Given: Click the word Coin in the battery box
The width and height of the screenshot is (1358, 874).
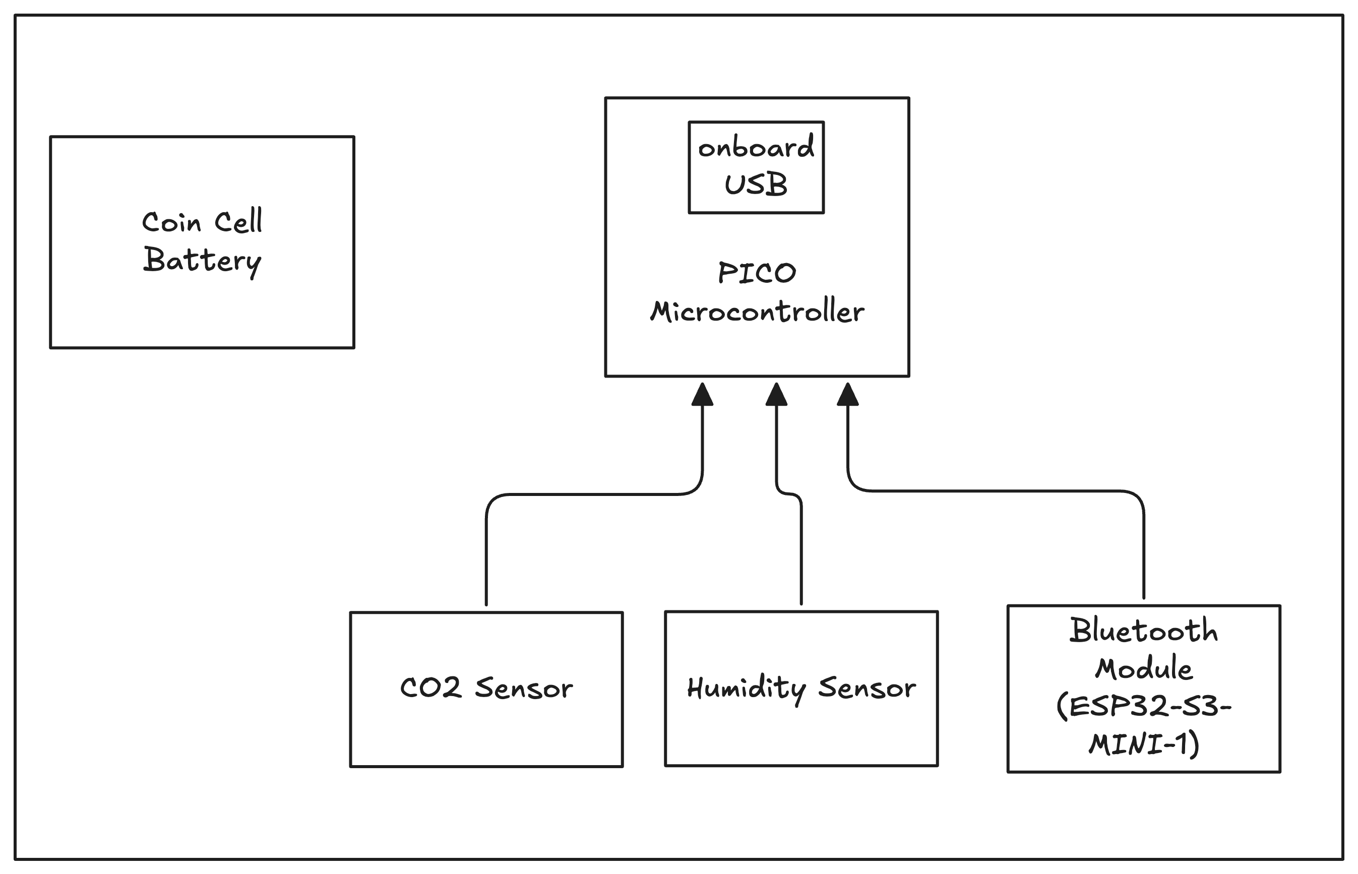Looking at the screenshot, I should click(x=171, y=222).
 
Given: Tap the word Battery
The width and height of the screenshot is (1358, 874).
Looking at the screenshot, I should click(x=202, y=261).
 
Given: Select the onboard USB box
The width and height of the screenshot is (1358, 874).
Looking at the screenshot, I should click(x=756, y=167).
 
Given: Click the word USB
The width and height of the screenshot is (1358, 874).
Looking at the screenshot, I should click(x=756, y=185).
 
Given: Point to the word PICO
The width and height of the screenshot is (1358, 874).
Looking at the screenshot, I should click(x=757, y=273).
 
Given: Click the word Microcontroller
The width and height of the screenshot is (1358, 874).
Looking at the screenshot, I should click(x=757, y=312).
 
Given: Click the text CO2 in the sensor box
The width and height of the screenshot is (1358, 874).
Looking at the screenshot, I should click(x=430, y=688).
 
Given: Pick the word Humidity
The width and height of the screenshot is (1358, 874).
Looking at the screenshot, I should click(x=746, y=689).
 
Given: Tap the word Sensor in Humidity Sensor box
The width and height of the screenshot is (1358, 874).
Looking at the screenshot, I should click(x=867, y=689).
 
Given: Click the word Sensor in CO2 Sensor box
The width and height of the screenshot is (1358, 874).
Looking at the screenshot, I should click(x=524, y=689).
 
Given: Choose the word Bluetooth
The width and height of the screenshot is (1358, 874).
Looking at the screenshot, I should click(x=1143, y=631).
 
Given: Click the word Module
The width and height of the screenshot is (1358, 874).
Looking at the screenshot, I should click(x=1143, y=668).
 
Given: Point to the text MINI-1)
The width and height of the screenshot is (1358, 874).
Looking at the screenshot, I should click(x=1143, y=744).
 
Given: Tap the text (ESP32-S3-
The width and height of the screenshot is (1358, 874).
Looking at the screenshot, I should click(x=1143, y=707).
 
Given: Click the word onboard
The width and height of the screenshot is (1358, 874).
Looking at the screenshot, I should click(x=756, y=148).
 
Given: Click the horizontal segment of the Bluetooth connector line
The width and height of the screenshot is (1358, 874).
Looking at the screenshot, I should click(x=999, y=491).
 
